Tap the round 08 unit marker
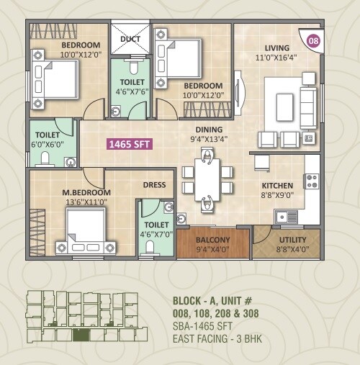(314, 41)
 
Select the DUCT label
(130, 40)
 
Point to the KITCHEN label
(276, 184)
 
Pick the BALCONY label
(212, 240)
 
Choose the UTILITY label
(292, 240)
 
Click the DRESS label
(154, 185)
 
